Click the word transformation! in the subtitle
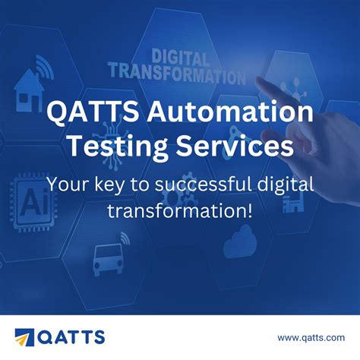coord(179,210)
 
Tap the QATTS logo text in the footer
coord(73,336)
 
